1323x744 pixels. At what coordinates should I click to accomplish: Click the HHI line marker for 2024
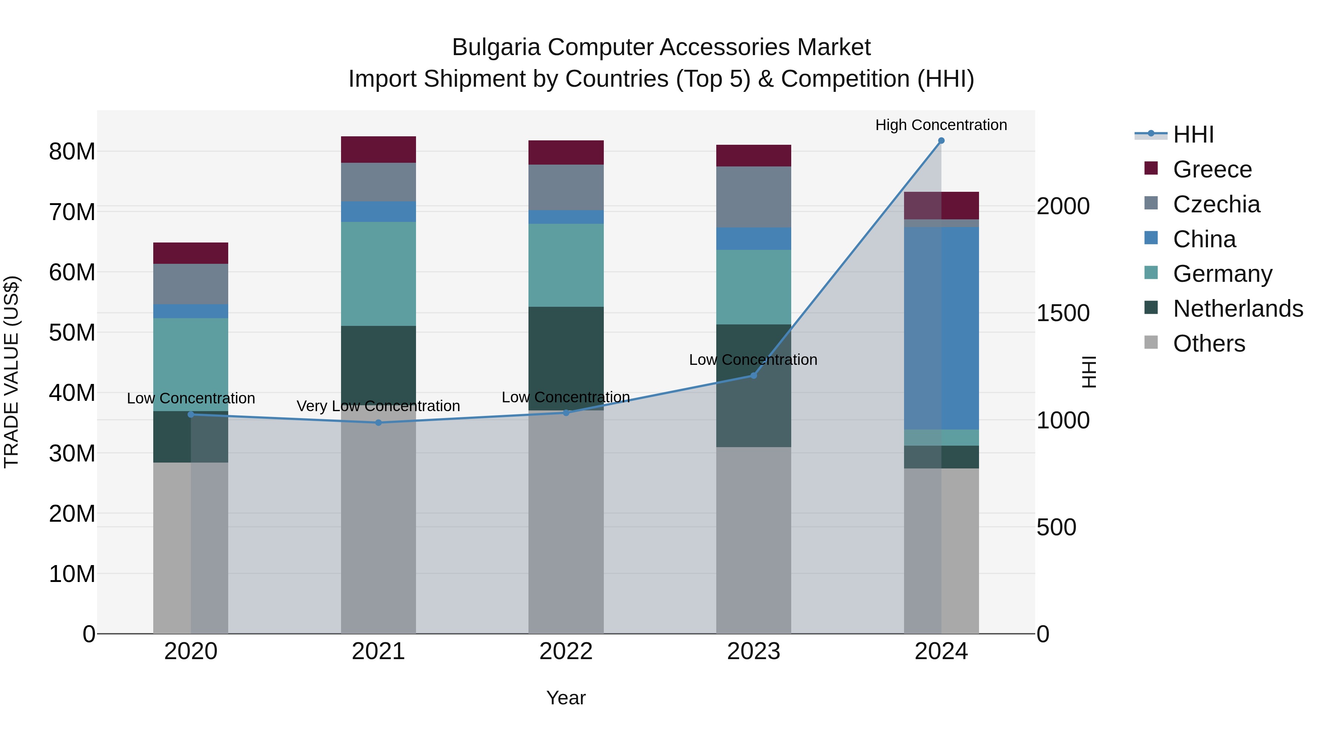[941, 141]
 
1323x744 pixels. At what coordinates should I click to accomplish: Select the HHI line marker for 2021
[379, 423]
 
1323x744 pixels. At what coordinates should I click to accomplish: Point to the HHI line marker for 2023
[753, 375]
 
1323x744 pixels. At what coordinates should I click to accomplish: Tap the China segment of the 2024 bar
[941, 328]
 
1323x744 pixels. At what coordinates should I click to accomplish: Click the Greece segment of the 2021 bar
[379, 150]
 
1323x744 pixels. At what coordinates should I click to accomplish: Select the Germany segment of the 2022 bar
[566, 266]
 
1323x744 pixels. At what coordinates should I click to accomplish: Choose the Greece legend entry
[1212, 169]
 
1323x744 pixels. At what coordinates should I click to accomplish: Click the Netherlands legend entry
[1238, 309]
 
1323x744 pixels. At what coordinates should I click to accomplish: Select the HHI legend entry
[1193, 134]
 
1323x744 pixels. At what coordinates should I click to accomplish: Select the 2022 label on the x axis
[566, 651]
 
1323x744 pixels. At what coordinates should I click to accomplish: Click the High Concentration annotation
[941, 125]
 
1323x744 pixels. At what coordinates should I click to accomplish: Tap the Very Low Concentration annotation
[378, 406]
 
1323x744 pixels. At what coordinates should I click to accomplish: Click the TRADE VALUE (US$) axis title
[11, 372]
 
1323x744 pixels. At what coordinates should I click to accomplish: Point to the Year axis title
[566, 698]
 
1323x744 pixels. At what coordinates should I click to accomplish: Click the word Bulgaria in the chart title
[496, 47]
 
